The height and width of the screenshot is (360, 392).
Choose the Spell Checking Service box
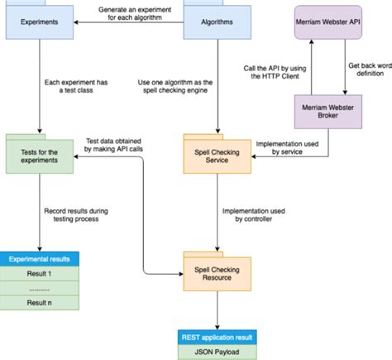(217, 155)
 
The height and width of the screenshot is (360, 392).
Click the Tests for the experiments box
(38, 155)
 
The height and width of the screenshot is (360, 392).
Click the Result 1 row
(38, 273)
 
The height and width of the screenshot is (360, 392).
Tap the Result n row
(38, 303)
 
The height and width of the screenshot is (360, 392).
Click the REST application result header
(217, 337)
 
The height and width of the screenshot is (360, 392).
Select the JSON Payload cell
(217, 352)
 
